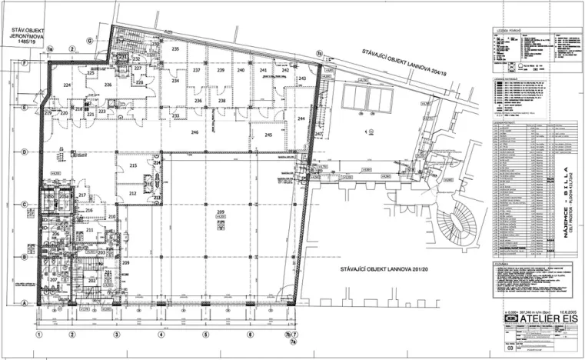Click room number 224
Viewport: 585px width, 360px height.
click(68, 85)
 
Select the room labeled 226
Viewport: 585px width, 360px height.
click(108, 85)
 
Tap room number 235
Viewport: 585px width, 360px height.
click(175, 49)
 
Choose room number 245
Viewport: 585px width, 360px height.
click(268, 135)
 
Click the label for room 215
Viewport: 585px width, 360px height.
click(132, 165)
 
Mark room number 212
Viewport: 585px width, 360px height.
click(132, 193)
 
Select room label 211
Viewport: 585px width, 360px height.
click(90, 230)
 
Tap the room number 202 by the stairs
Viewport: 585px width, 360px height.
click(91, 280)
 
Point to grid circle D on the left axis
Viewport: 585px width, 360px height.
click(25, 152)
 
